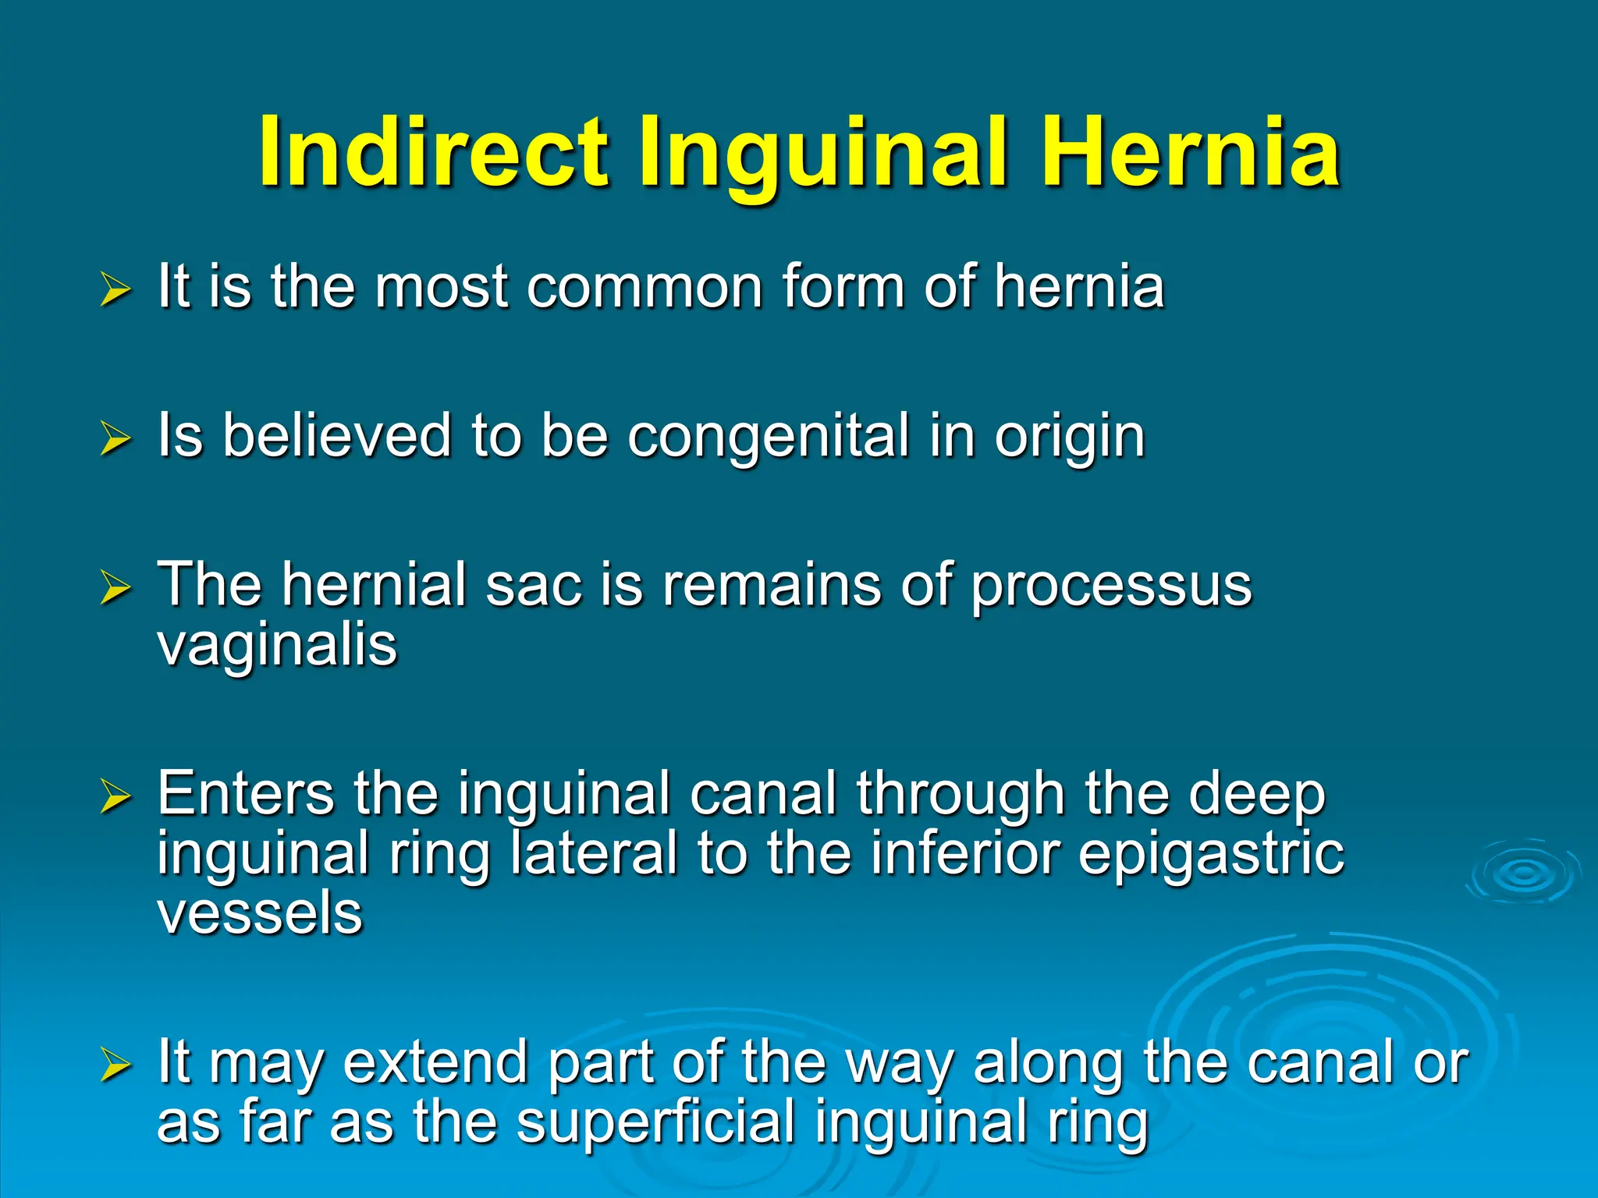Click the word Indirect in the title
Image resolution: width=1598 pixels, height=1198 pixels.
point(433,152)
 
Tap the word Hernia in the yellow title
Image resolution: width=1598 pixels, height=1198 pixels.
point(1191,152)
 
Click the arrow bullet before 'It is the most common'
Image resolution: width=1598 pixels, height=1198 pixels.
point(115,289)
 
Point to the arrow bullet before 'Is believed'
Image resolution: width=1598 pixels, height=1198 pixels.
point(115,438)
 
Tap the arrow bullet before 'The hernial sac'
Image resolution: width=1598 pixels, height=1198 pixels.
point(115,588)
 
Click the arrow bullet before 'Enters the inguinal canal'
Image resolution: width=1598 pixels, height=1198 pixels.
point(115,797)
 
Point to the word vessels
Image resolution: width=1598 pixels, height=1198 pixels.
point(260,913)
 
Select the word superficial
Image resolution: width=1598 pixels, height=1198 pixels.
point(655,1123)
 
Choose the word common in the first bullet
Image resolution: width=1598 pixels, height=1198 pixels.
point(645,288)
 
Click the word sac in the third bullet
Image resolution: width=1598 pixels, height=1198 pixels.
point(534,587)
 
